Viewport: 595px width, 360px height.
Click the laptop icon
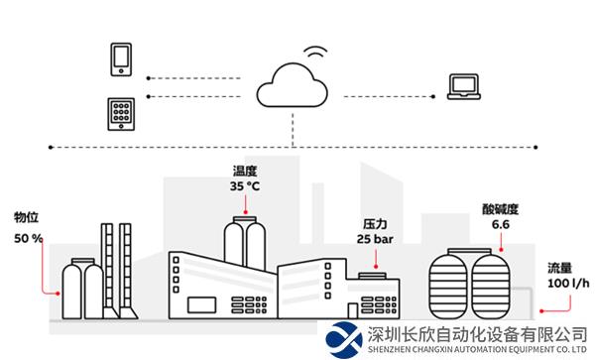(x=463, y=86)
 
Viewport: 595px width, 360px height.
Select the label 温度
(x=245, y=170)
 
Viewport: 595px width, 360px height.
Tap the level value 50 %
(x=29, y=238)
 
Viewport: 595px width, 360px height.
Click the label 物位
(x=26, y=217)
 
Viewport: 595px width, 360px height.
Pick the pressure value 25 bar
(x=377, y=239)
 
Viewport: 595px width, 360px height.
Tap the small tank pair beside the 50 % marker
(x=82, y=288)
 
